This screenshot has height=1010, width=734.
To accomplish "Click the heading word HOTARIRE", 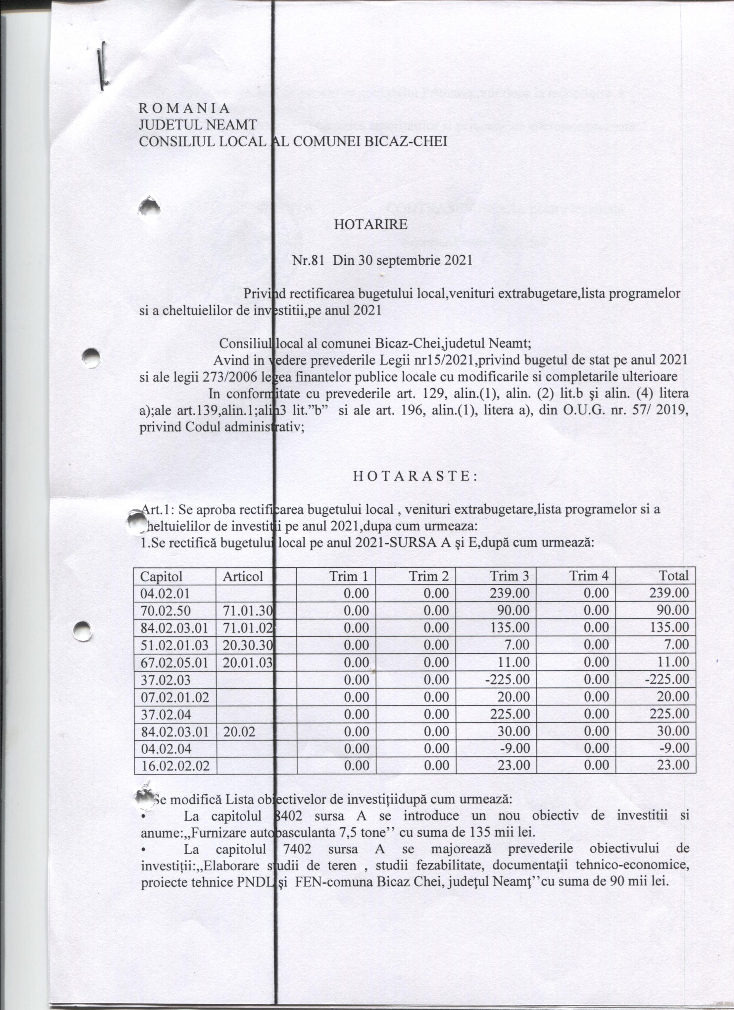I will [371, 224].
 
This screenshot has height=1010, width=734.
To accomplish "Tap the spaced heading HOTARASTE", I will [415, 477].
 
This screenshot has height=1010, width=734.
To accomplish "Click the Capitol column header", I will [161, 576].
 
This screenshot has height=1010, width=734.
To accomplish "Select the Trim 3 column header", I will [509, 576].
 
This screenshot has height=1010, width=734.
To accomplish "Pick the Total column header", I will [674, 576].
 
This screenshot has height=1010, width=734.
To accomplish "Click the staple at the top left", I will [103, 65].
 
